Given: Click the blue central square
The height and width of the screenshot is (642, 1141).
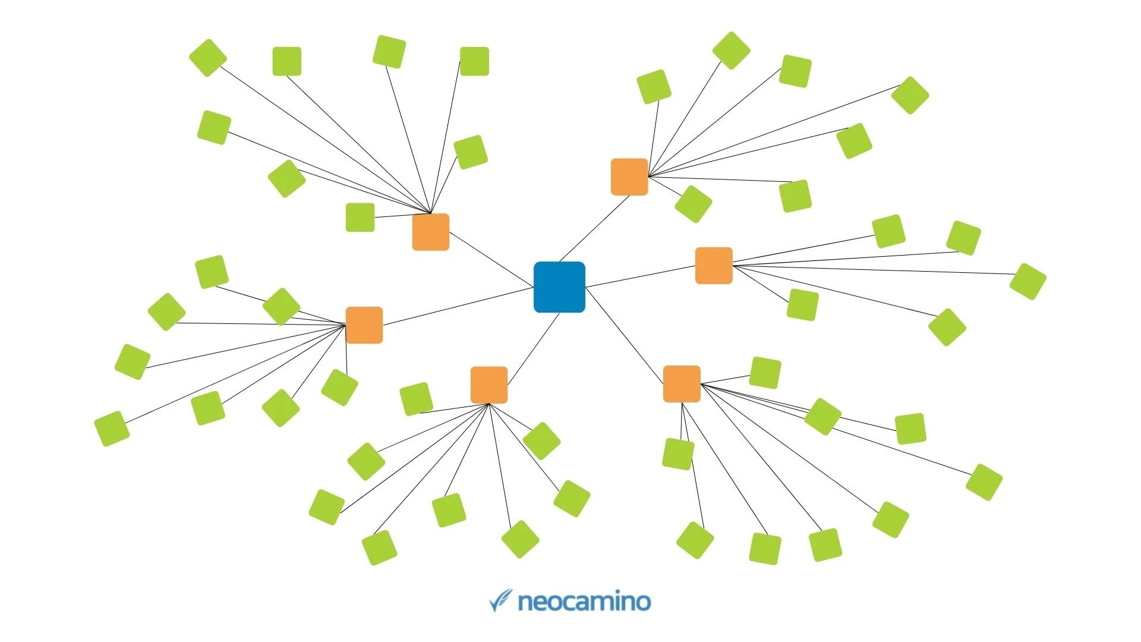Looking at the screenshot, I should coord(559,287).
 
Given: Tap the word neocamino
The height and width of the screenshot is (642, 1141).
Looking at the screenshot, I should coord(585,602).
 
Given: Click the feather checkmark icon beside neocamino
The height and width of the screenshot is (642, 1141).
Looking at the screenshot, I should coord(500,600).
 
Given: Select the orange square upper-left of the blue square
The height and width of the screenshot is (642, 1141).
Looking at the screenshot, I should coord(431,232).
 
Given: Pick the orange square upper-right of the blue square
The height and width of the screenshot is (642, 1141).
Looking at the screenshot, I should coord(629,177).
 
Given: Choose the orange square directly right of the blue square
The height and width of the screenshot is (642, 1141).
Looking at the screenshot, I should coord(714,266).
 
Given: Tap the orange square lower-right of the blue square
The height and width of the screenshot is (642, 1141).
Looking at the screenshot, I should coord(682,384).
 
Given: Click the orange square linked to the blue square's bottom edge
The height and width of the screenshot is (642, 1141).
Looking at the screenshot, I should coord(489,385).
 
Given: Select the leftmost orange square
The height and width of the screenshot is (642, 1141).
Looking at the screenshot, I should coord(364,325).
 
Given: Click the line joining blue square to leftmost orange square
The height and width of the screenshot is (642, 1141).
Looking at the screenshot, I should coord(458,307).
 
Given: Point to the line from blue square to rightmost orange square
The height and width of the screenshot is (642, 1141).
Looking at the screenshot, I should coord(641,277).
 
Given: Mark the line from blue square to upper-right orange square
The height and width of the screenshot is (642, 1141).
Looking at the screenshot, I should coord(594,228).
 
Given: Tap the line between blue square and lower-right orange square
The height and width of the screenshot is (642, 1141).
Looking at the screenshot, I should coord(624,336).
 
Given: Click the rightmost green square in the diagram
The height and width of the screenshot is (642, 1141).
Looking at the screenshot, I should coord(1027,281).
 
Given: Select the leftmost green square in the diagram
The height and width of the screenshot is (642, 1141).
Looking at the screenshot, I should coord(112,429).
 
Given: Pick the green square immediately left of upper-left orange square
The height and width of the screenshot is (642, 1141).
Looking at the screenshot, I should coord(360,218).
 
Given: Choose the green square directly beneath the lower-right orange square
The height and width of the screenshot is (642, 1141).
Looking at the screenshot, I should coord(678,454).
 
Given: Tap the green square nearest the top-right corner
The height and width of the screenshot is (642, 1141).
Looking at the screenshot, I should coord(910,95).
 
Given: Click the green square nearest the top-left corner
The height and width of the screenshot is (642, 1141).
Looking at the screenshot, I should coord(208,58).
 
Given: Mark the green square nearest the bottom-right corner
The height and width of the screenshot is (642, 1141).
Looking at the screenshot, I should coord(984,482).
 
